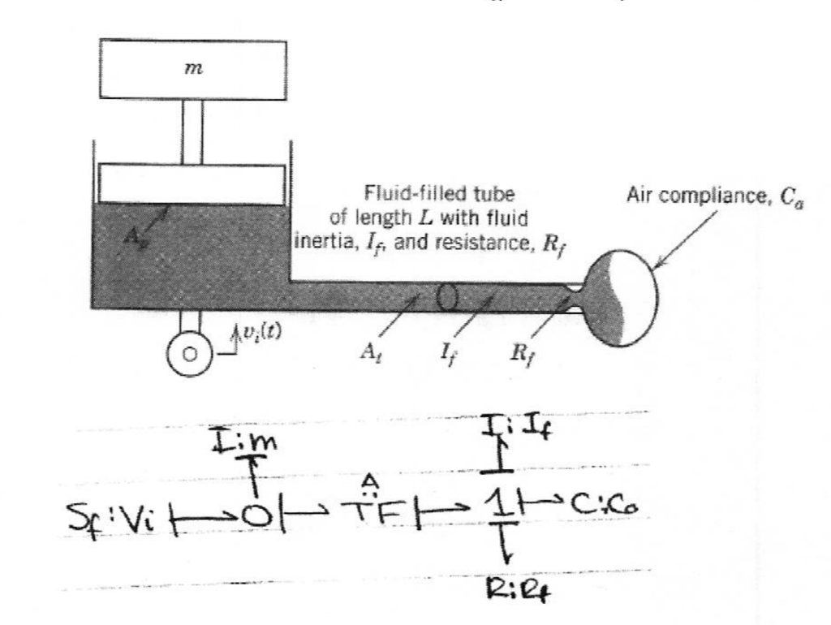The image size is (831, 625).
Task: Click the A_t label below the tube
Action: tap(373, 353)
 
